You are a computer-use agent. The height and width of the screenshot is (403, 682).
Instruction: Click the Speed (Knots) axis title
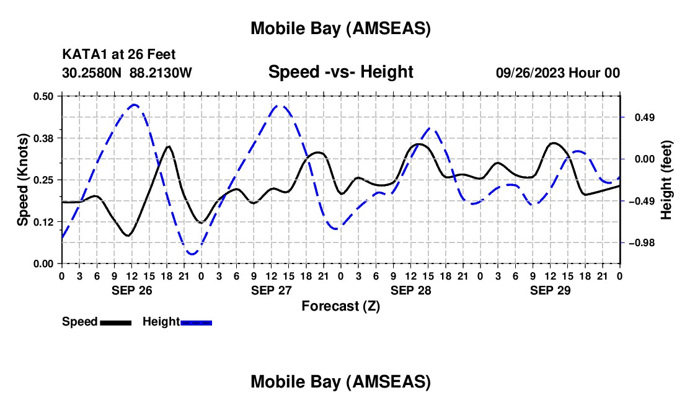pyautogui.click(x=22, y=180)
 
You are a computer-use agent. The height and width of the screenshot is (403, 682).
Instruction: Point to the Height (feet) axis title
pyautogui.click(x=666, y=180)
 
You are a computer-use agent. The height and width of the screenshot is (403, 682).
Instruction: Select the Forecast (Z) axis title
pyautogui.click(x=340, y=306)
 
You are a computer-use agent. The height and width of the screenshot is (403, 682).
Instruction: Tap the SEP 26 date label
pyautogui.click(x=131, y=290)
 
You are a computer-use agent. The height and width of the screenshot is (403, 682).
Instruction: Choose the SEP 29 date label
pyautogui.click(x=550, y=290)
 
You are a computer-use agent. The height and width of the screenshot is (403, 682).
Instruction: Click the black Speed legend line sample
pyautogui.click(x=115, y=322)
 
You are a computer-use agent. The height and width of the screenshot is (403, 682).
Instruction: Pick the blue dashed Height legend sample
pyautogui.click(x=196, y=322)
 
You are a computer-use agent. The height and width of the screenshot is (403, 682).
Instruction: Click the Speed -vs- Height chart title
pyautogui.click(x=340, y=72)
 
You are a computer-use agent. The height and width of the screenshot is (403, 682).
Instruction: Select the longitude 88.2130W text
pyautogui.click(x=161, y=73)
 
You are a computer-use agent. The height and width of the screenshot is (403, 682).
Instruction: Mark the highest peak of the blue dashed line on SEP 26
pyautogui.click(x=133, y=105)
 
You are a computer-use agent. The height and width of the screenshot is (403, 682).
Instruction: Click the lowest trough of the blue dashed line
pyautogui.click(x=192, y=254)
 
